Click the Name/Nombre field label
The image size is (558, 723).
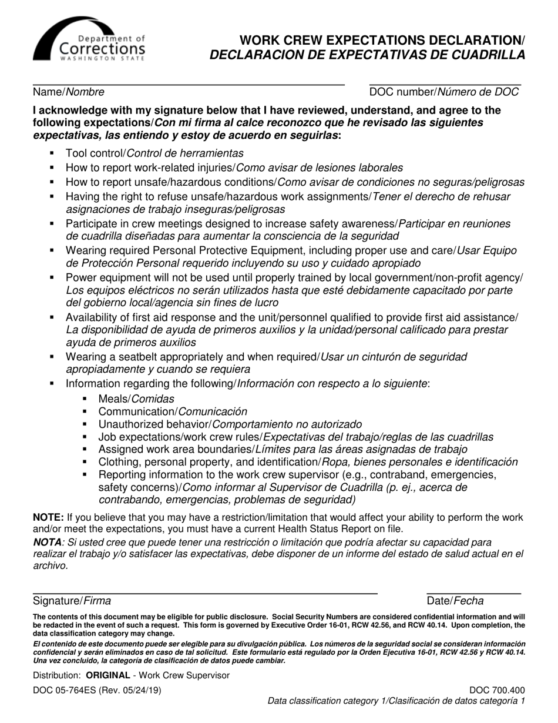(x=69, y=92)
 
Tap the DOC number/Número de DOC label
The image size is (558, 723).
(x=444, y=92)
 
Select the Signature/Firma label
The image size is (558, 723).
(x=72, y=601)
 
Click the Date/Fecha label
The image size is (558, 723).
(x=455, y=601)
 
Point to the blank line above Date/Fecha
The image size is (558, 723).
(x=473, y=593)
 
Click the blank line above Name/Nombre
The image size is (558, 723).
(x=188, y=85)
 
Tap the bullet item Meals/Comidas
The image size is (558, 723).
(x=136, y=399)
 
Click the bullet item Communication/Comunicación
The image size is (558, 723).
(x=173, y=412)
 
